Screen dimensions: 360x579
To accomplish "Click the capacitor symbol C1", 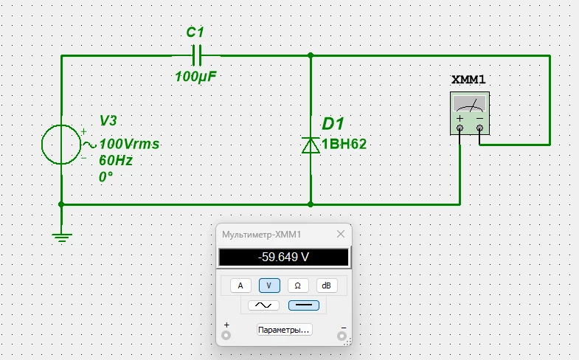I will click(196, 55).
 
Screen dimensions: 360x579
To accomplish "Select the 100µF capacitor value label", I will click(196, 76).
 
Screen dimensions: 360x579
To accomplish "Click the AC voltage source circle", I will click(61, 144).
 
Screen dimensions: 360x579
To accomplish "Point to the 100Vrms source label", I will click(129, 144).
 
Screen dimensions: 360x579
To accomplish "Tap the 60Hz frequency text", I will click(116, 160).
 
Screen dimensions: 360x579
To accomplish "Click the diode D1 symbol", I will click(311, 145).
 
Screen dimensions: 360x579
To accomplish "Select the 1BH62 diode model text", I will click(344, 145).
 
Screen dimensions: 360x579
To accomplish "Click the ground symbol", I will click(61, 236).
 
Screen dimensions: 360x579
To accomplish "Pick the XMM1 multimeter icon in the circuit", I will click(470, 114).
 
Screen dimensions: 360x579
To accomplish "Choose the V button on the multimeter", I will click(269, 285).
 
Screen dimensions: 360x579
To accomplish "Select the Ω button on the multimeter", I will click(298, 285).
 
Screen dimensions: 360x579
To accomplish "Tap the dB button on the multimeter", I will click(327, 285).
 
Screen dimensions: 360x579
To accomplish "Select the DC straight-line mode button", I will click(302, 305).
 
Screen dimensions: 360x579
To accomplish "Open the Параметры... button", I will click(284, 329).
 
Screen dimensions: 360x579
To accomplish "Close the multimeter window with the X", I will click(340, 234).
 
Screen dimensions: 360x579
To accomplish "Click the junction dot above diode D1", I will click(311, 55).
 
